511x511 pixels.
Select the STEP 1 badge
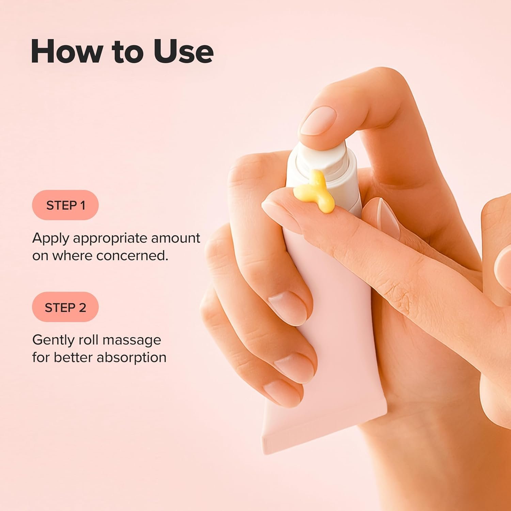(x=65, y=205)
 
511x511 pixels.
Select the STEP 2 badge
(x=65, y=307)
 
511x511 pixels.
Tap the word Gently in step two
(x=53, y=340)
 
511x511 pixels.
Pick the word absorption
(x=131, y=357)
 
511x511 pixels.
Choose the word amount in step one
(x=175, y=238)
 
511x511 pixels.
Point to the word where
(x=72, y=255)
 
